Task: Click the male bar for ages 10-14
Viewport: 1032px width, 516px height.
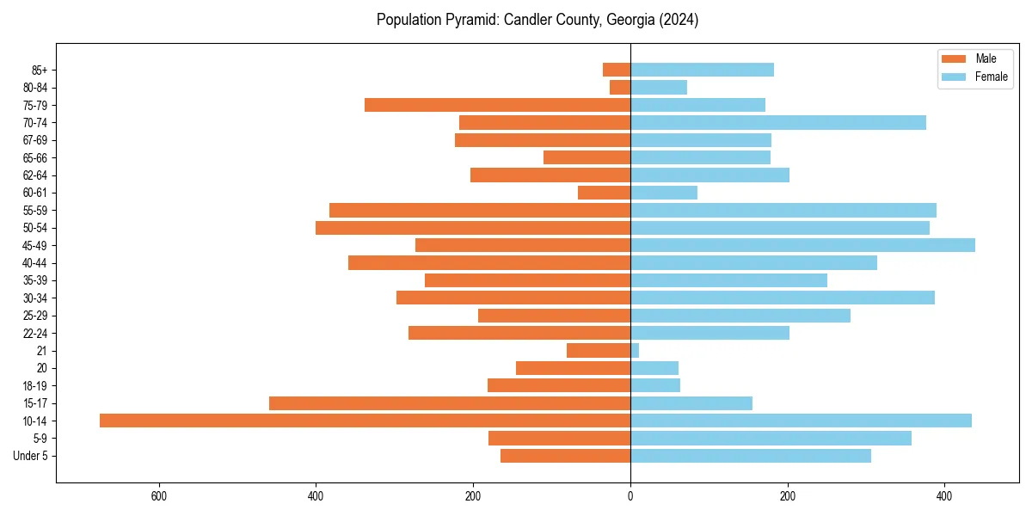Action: pyautogui.click(x=365, y=421)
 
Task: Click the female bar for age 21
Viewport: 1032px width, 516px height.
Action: pyautogui.click(x=635, y=350)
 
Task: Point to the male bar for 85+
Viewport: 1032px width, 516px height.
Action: pyautogui.click(x=617, y=70)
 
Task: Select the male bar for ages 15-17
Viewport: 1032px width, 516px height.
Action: pyautogui.click(x=450, y=403)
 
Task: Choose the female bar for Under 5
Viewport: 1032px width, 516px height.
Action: pyautogui.click(x=751, y=456)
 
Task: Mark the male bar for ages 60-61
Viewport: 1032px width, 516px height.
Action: pyautogui.click(x=604, y=193)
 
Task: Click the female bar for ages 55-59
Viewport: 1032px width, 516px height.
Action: pyautogui.click(x=783, y=210)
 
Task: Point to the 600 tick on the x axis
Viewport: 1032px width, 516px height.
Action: pyautogui.click(x=158, y=496)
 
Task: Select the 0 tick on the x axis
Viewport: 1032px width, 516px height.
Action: pyautogui.click(x=630, y=496)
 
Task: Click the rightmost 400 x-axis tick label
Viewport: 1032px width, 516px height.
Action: pyautogui.click(x=944, y=496)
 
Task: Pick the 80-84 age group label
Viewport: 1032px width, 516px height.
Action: pyautogui.click(x=35, y=88)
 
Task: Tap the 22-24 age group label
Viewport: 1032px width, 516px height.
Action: pyautogui.click(x=35, y=334)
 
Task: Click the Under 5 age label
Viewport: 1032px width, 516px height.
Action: pyautogui.click(x=31, y=456)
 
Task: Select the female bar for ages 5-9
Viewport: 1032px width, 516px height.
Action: pyautogui.click(x=771, y=439)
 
